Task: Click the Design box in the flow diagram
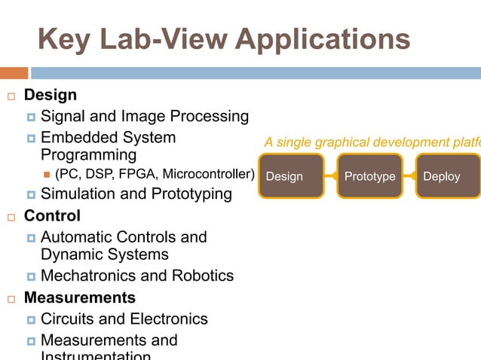click(291, 176)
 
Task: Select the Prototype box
click(369, 176)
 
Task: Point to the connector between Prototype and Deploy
click(409, 176)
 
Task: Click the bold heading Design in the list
click(51, 96)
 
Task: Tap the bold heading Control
click(52, 216)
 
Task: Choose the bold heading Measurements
click(80, 297)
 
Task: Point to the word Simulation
click(78, 194)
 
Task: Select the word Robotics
click(200, 276)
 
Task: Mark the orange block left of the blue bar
click(14, 73)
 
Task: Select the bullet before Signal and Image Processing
click(31, 117)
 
